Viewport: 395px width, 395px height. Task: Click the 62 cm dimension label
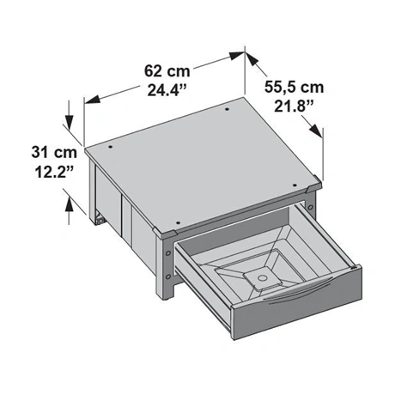pos(167,71)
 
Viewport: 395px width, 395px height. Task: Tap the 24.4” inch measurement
pos(167,90)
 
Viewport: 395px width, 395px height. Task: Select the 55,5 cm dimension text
pos(295,88)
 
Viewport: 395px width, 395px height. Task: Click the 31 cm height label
pos(54,152)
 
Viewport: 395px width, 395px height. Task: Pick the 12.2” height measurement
pos(54,172)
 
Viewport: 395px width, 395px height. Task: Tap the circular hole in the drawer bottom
pos(261,277)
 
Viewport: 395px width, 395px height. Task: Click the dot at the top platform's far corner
pos(227,109)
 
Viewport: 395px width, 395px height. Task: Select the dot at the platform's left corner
pos(110,147)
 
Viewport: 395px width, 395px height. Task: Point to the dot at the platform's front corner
pos(178,222)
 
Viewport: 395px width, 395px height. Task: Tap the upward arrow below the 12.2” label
pos(69,211)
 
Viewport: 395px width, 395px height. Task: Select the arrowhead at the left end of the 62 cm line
pos(93,100)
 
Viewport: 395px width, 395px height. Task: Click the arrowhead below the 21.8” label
pos(316,131)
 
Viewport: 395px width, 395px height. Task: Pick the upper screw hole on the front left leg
pos(168,253)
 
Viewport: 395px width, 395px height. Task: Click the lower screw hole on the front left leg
pos(168,276)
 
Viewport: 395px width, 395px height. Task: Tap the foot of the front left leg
pos(164,296)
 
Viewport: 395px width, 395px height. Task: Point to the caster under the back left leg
pos(100,219)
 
